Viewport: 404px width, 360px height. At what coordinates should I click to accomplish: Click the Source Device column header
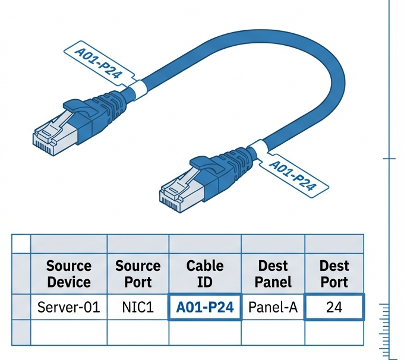click(x=68, y=273)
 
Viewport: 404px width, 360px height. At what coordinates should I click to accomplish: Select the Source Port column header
click(x=138, y=273)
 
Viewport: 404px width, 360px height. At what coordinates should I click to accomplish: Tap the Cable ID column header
click(x=205, y=273)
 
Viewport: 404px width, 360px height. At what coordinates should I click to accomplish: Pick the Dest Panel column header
click(x=273, y=273)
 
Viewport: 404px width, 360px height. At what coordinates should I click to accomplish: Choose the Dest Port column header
click(x=334, y=273)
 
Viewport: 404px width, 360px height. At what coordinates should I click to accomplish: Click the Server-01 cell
click(x=68, y=307)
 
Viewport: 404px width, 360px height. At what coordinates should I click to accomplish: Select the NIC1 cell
click(x=138, y=307)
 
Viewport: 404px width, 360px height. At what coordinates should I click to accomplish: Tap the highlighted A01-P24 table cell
click(x=205, y=307)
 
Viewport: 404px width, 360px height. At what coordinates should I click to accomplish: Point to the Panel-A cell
click(x=273, y=307)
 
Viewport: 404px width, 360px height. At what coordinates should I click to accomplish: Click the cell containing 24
click(x=334, y=307)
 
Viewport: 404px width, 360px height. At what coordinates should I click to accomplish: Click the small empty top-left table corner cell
click(x=21, y=243)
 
